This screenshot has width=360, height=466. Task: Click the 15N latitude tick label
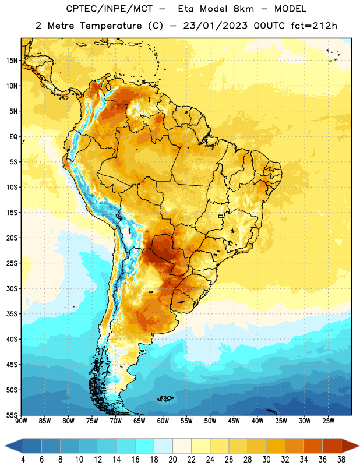tap(12, 61)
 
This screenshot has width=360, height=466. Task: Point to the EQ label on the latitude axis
tap(13, 137)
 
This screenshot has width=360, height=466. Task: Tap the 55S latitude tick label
tap(12, 415)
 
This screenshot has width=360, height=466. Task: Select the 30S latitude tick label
tap(12, 288)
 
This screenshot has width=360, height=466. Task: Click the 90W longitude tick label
tap(21, 421)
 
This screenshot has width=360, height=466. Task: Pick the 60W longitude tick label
tap(163, 421)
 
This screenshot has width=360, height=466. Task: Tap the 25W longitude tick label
tap(328, 421)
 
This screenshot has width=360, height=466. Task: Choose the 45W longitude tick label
tap(234, 421)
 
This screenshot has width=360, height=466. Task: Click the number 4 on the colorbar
tap(23, 460)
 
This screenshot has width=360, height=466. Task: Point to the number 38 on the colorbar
tap(341, 460)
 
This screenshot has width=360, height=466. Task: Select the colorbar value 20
tap(172, 460)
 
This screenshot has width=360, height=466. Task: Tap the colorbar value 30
tap(266, 460)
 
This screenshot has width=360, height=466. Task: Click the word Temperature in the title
tap(111, 26)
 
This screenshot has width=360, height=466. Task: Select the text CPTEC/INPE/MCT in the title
tap(110, 9)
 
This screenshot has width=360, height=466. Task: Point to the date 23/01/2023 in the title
tap(215, 26)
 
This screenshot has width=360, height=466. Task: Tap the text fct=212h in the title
tap(314, 26)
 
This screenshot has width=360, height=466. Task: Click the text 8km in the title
tap(243, 9)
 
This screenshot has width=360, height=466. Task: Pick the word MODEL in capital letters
tap(290, 9)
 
